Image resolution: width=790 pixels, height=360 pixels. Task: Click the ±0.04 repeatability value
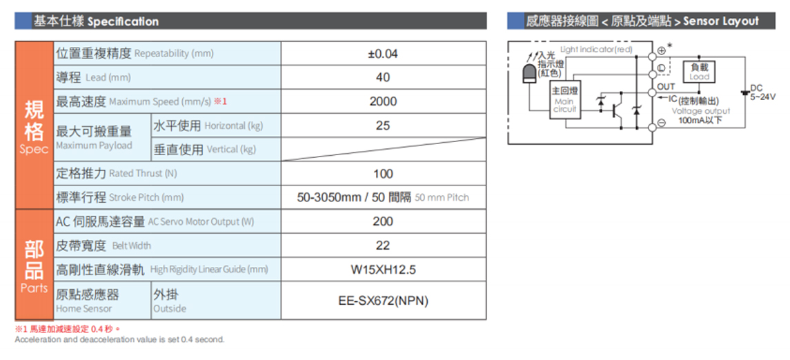(383, 53)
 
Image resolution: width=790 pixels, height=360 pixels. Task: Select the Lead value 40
(383, 77)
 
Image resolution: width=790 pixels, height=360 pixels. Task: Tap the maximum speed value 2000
(383, 101)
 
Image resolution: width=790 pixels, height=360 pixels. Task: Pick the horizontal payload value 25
(383, 126)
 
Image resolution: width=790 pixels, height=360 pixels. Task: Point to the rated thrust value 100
(383, 174)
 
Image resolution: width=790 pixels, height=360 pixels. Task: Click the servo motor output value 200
(383, 221)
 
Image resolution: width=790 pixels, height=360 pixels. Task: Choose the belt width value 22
(383, 246)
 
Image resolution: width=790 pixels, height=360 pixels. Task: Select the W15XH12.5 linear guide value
(383, 270)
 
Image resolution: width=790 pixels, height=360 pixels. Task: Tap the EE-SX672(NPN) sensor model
(383, 301)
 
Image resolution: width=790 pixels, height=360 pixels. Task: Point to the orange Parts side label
(34, 265)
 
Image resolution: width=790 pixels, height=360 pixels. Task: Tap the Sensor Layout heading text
(721, 21)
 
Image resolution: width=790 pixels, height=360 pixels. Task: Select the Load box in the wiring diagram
(699, 72)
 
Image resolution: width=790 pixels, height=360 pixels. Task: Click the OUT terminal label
(666, 87)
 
